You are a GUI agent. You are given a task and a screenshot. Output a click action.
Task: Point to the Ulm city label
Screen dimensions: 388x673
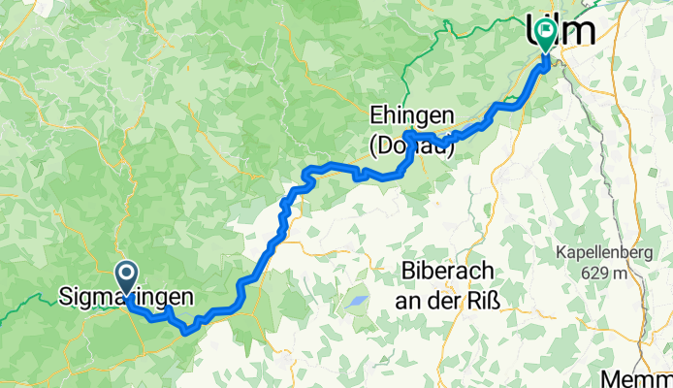click(560, 31)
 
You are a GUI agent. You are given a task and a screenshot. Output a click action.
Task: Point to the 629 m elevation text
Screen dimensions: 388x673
click(609, 273)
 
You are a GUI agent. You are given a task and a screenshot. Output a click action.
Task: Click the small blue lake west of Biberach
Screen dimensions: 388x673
click(357, 302)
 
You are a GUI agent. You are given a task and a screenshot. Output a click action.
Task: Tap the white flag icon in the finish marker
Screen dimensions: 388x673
click(545, 35)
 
